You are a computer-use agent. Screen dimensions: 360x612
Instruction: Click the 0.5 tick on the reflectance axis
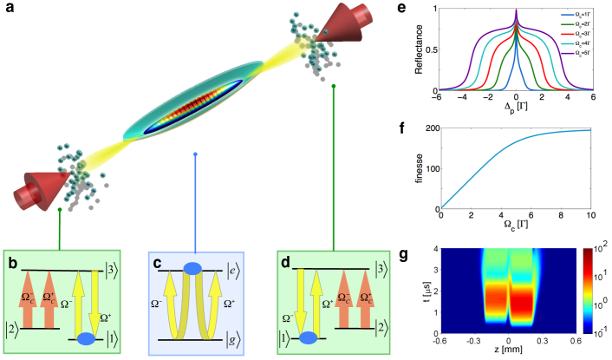[433, 49]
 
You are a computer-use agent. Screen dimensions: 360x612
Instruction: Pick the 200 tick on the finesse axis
[431, 129]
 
